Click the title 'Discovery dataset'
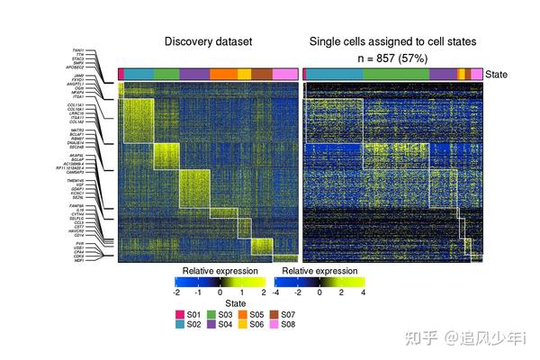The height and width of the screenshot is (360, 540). pos(208,41)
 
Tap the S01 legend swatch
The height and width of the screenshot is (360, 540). pos(180,314)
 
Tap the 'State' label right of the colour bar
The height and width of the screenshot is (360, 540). pos(497,75)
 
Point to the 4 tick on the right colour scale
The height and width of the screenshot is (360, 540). pos(364,292)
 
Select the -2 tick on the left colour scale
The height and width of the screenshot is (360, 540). pos(177,292)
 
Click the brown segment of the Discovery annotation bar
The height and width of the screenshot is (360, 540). pos(262,74)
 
